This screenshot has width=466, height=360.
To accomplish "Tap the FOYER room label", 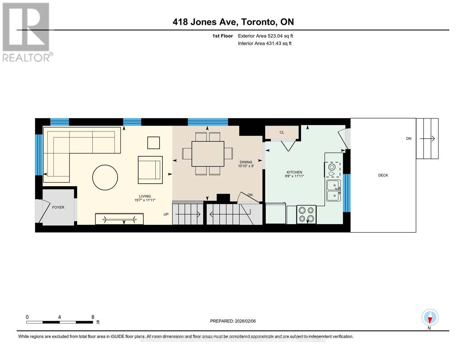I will (x=58, y=207).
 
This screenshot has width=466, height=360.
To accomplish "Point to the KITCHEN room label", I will (x=294, y=172).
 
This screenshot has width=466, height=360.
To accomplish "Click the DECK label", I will (x=383, y=175).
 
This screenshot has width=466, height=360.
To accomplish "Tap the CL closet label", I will (x=282, y=132).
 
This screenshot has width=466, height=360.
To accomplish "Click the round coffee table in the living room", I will (x=105, y=177).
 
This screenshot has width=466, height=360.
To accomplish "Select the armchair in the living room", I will (x=150, y=170).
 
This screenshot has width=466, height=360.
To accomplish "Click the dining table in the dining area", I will (x=208, y=154).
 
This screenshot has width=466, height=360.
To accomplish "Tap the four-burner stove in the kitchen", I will (x=306, y=215).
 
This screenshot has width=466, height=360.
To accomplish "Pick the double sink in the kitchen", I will (x=333, y=190).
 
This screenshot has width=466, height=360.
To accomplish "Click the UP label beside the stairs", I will (x=166, y=215).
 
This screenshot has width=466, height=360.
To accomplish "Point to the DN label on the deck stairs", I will (x=409, y=139).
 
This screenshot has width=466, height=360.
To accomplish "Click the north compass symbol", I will (x=430, y=318).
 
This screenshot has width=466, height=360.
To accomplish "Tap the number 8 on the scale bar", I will (x=93, y=317).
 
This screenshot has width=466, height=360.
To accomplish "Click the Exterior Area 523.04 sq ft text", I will (x=265, y=36).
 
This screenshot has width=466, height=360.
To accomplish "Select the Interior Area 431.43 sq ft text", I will (x=265, y=44).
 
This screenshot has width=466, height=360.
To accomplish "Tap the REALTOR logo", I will (x=26, y=32).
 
